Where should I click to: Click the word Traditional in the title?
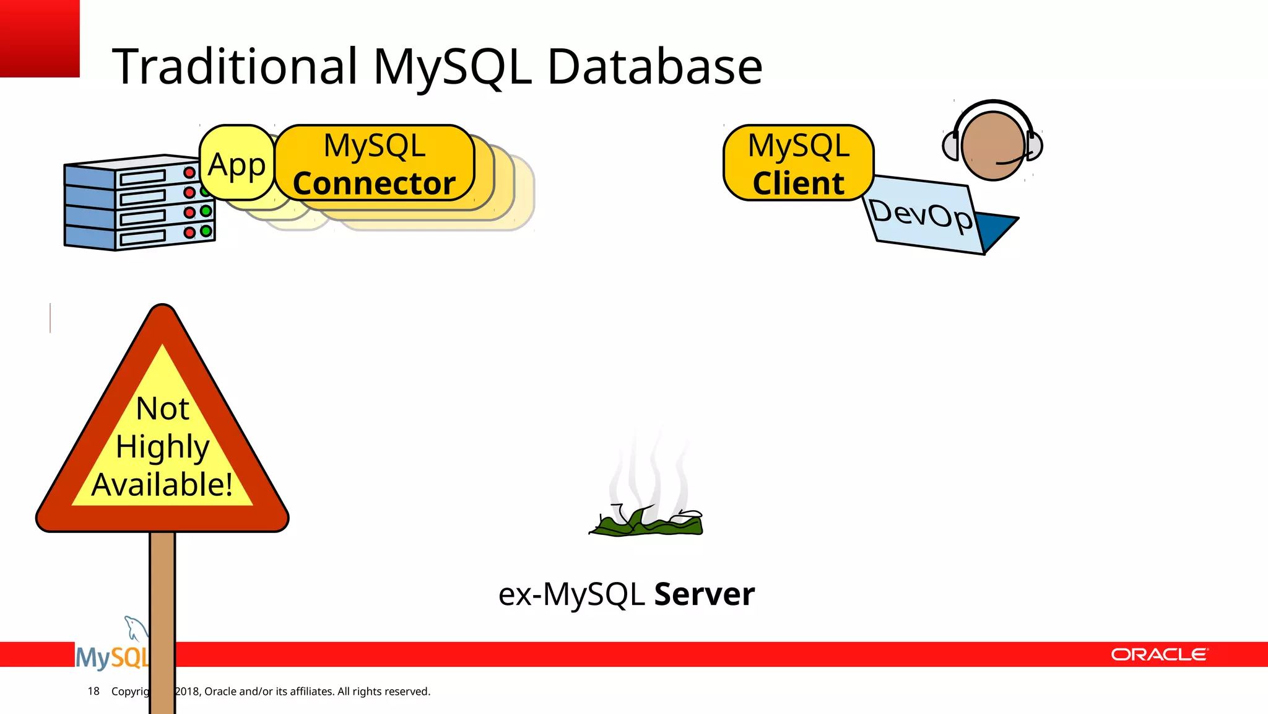(235, 66)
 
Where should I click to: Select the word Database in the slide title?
(654, 66)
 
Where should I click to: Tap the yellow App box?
(237, 164)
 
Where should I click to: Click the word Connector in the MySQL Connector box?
(374, 183)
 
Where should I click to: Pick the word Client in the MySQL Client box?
(798, 183)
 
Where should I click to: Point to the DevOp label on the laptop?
(920, 214)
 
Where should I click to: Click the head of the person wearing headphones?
(992, 146)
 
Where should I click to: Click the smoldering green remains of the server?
(647, 523)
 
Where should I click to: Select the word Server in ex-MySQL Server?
(704, 594)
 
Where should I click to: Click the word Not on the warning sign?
(162, 409)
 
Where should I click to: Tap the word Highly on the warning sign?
(162, 447)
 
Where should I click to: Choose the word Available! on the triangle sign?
(162, 485)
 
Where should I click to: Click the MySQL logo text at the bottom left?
(111, 657)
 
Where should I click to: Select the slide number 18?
(93, 691)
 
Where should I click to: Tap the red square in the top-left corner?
(40, 38)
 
